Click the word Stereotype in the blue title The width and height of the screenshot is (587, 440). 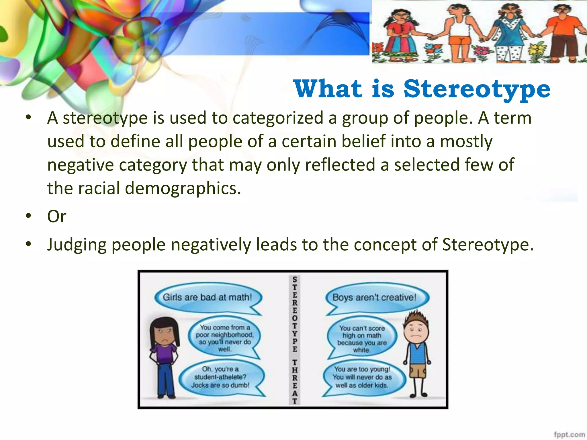(x=477, y=89)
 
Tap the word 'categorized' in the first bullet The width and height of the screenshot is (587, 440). (x=278, y=118)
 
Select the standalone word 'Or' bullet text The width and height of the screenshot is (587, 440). (x=57, y=216)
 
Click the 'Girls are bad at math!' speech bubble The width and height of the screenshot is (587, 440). (x=208, y=297)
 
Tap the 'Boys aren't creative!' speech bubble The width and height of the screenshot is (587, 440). (x=374, y=297)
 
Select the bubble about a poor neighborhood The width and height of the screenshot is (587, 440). (x=224, y=338)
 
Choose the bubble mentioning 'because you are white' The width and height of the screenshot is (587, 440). (x=362, y=339)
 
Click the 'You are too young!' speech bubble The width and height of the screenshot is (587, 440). (x=362, y=377)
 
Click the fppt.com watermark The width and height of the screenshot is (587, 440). (x=569, y=434)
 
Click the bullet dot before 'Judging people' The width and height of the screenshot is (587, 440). (x=28, y=244)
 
